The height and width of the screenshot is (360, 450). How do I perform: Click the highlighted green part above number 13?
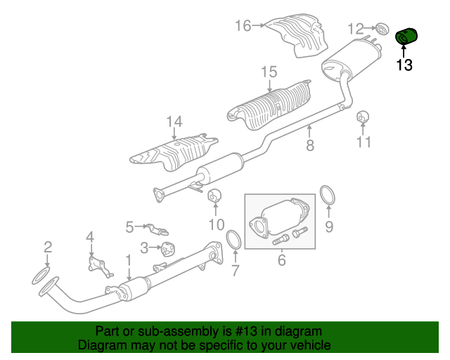tap(406, 37)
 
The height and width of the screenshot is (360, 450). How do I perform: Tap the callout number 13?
tap(404, 65)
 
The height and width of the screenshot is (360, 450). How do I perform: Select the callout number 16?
tap(243, 25)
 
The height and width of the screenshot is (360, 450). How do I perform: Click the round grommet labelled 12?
tap(382, 29)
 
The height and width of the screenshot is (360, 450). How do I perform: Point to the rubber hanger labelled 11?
tap(363, 117)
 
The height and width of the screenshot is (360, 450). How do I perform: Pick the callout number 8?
tap(310, 146)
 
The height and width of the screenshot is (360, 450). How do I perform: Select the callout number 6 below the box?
tap(281, 260)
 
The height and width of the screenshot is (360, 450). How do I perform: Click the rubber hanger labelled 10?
tap(214, 195)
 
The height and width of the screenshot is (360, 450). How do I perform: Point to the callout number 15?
tap(269, 72)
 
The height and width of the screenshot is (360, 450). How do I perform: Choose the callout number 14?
tap(174, 122)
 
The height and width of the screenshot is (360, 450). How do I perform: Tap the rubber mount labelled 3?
tap(168, 249)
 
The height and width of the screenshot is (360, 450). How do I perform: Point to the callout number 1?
tap(129, 260)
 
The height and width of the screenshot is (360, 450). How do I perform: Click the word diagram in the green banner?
tap(298, 332)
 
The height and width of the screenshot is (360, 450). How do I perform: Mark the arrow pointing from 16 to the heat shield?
tap(258, 25)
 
